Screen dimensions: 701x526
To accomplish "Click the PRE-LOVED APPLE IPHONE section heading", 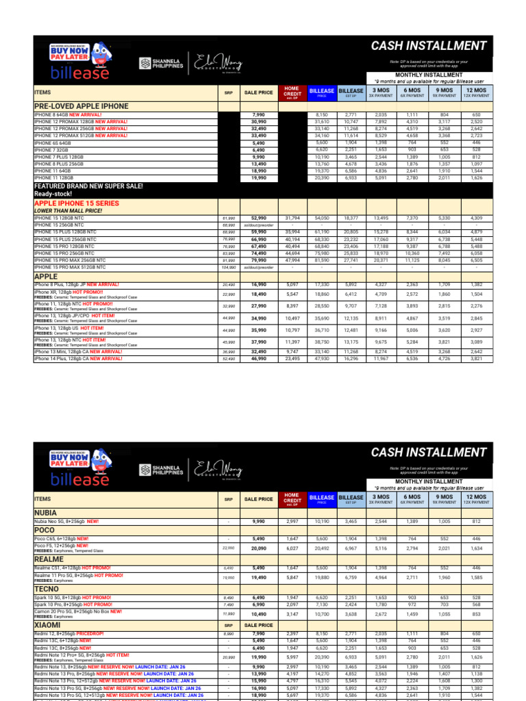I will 81,106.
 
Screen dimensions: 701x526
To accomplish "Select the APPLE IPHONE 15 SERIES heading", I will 77,203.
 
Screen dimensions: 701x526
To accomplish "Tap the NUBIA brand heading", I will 46,512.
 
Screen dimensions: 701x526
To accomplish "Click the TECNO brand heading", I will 47,588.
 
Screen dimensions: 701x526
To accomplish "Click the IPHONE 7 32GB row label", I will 52,149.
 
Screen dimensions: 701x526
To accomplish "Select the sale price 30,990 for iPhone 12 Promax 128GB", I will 258,121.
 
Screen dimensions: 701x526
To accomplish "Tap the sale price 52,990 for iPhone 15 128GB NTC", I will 258,218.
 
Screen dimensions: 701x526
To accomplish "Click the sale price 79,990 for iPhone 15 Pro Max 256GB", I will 258,260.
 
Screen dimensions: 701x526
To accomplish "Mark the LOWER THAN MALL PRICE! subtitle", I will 67,211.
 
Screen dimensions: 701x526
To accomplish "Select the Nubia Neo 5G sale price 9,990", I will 258,521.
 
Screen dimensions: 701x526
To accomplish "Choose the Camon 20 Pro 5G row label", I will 77,611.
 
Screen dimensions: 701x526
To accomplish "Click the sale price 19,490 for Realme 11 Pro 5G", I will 258,577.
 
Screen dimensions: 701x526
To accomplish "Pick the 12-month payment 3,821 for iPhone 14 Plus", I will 476,358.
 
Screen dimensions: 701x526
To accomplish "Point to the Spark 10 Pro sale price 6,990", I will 258,604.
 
